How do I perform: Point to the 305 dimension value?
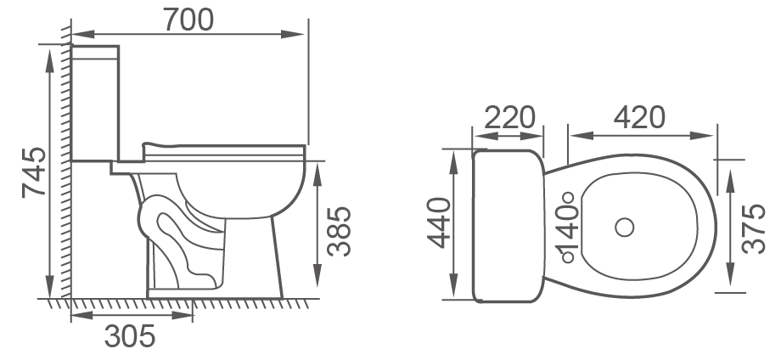[x=130, y=337]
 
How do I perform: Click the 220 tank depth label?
[x=508, y=117]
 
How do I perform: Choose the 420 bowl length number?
[x=639, y=117]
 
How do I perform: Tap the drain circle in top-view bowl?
[x=624, y=227]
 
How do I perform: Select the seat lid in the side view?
[x=225, y=149]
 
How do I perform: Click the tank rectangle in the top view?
[x=508, y=226]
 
